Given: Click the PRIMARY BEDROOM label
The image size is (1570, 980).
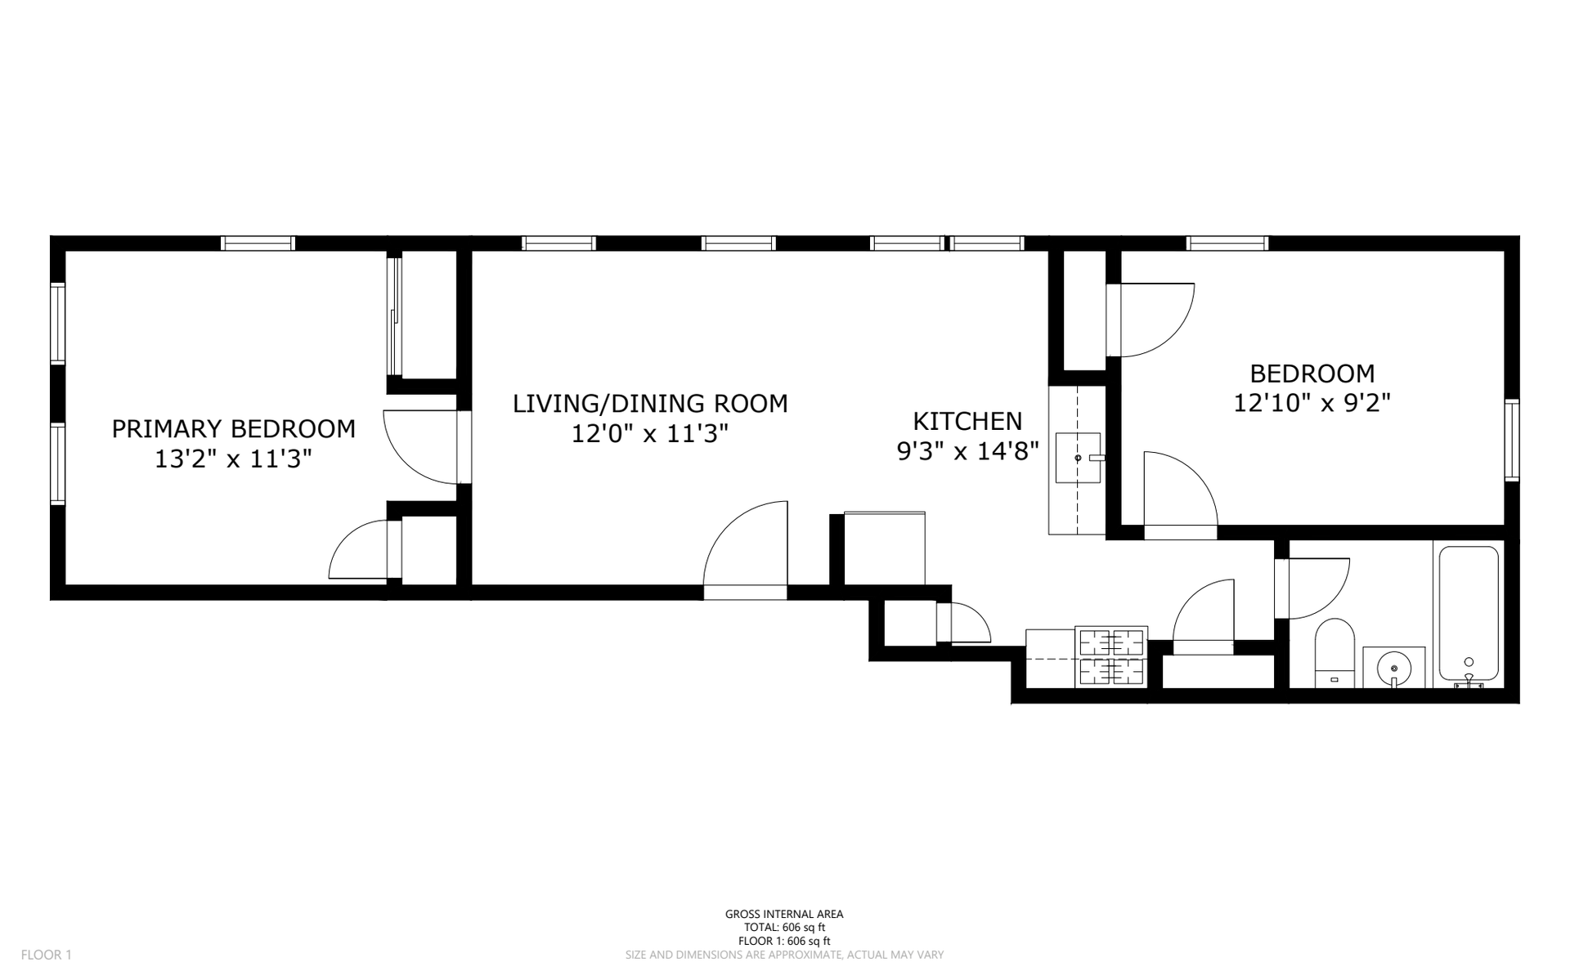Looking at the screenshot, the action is click(233, 429).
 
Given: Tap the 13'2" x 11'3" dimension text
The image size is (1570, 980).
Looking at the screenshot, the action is click(233, 459).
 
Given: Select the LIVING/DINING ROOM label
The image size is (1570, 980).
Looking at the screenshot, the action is click(650, 404).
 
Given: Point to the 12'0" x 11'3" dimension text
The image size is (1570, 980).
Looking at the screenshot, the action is click(649, 433).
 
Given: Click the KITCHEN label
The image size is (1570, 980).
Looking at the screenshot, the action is click(967, 421).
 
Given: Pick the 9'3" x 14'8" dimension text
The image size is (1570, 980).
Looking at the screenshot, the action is click(968, 450).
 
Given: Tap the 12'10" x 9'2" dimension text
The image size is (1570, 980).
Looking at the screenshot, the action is click(1312, 403).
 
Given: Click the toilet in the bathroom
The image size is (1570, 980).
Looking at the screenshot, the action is click(1334, 653).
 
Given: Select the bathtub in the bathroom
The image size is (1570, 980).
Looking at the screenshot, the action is click(1469, 614).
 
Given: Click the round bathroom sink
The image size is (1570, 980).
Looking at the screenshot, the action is click(1394, 668).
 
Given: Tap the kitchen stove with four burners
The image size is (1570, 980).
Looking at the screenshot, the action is click(1111, 656).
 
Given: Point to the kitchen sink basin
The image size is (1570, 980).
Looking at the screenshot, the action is click(1078, 459).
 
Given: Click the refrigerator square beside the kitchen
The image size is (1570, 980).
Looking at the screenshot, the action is click(884, 548).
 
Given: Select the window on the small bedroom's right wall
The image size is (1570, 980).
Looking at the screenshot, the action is click(1512, 440).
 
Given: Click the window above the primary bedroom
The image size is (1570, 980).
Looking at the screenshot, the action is click(258, 243).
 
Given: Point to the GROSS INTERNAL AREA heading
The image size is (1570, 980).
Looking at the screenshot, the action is click(784, 915).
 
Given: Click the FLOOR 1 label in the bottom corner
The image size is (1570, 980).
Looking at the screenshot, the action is click(47, 955).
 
